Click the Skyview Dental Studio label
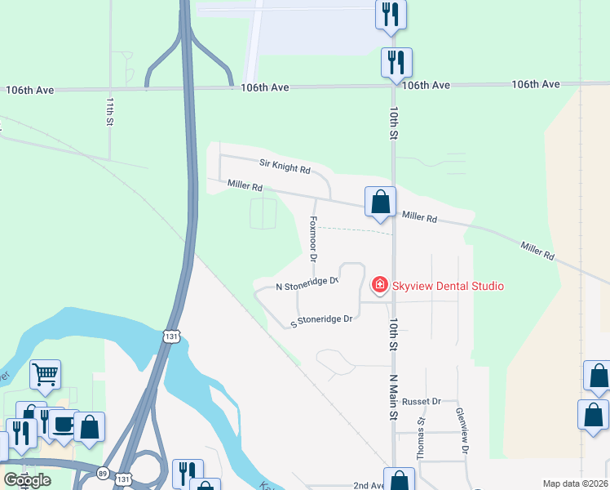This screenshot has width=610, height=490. tap(448, 286)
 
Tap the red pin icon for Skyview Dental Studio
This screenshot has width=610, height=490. tap(379, 285)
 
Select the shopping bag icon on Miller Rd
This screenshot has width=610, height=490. tap(380, 203)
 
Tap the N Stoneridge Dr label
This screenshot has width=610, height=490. tap(307, 284)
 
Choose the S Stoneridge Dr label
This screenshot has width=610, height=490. tap(321, 321)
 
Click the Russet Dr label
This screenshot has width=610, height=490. tap(421, 402)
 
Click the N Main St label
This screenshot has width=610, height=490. tap(393, 397)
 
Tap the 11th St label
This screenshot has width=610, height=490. tap(109, 111)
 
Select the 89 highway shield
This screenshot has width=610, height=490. tap(103, 473)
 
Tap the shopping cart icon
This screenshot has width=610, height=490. tap(46, 375)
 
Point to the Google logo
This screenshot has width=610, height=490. tap(27, 480)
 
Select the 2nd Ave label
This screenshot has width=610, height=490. tap(369, 485)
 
